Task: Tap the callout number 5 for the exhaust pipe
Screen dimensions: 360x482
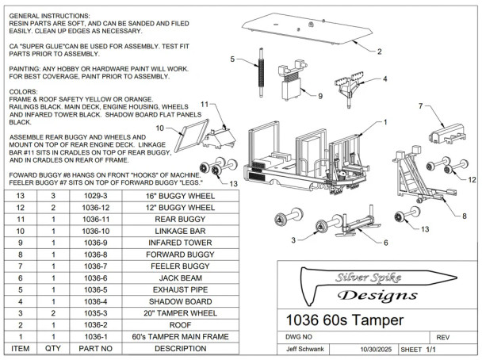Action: tap(234, 59)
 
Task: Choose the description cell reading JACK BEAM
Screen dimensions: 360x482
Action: tap(180, 278)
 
